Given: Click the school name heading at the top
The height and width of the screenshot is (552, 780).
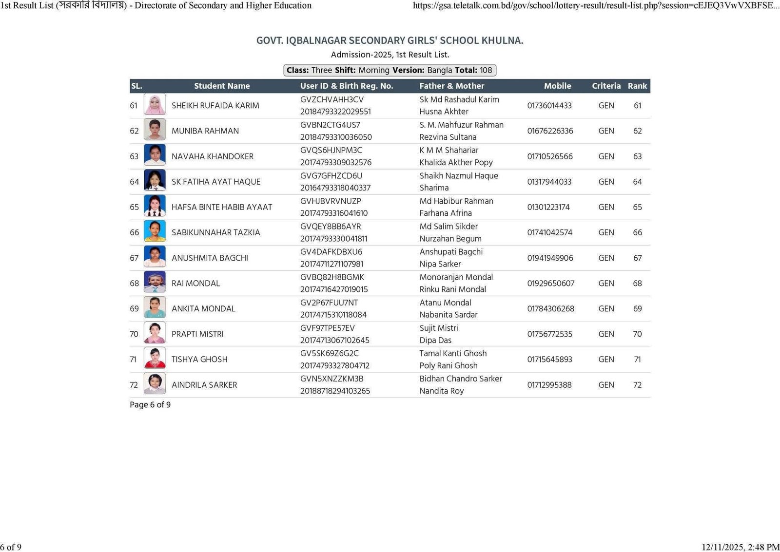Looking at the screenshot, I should pyautogui.click(x=390, y=40).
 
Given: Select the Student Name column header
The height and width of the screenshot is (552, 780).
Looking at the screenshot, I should pyautogui.click(x=222, y=86).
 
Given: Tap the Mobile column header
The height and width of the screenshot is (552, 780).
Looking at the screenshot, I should pyautogui.click(x=557, y=86).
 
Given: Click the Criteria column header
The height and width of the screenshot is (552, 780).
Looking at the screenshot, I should pyautogui.click(x=606, y=86).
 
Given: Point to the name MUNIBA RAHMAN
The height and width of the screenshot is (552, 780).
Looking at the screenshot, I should pyautogui.click(x=205, y=131).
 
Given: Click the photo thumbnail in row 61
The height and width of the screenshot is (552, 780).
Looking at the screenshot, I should pyautogui.click(x=155, y=105).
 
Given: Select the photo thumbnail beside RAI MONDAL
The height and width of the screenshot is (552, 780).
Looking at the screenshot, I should pyautogui.click(x=155, y=283).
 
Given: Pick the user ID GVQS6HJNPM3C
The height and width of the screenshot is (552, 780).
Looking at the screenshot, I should pyautogui.click(x=331, y=150).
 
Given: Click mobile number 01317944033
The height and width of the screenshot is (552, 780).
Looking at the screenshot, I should pyautogui.click(x=549, y=182).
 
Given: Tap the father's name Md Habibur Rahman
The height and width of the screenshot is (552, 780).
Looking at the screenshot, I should pyautogui.click(x=456, y=201).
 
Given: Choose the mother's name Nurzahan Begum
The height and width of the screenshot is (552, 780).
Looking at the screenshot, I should pyautogui.click(x=450, y=239).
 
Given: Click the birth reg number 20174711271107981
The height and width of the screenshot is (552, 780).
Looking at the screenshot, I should pyautogui.click(x=331, y=264).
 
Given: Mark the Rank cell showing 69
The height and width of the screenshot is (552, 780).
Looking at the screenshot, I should pyautogui.click(x=637, y=309).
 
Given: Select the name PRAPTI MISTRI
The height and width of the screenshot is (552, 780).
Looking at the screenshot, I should pyautogui.click(x=197, y=334).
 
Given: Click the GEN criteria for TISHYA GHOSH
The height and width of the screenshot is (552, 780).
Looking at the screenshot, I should pyautogui.click(x=606, y=360).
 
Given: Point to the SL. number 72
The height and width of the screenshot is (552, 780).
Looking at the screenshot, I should pyautogui.click(x=134, y=385).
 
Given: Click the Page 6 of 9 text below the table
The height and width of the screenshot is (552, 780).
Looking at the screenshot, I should pyautogui.click(x=150, y=405).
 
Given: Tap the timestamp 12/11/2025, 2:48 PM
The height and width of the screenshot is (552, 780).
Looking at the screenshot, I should pyautogui.click(x=741, y=547).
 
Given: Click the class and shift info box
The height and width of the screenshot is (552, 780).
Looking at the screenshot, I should pyautogui.click(x=390, y=70).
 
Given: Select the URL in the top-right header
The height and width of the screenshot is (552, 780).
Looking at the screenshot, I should pyautogui.click(x=596, y=5).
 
